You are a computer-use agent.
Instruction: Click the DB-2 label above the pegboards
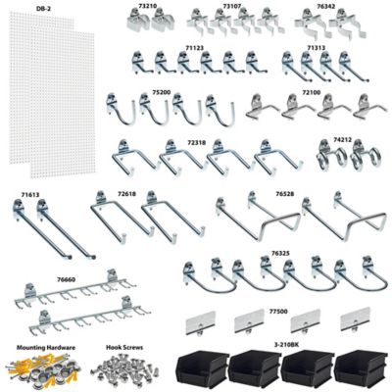pyautogui.click(x=43, y=9)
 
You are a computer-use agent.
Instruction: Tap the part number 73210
pyautogui.click(x=148, y=6)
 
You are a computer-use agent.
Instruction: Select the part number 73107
pyautogui.click(x=232, y=6)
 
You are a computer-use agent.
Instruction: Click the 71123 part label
pyautogui.click(x=194, y=47)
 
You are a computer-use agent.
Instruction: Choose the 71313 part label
pyautogui.click(x=316, y=47)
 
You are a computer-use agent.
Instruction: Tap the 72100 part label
pyautogui.click(x=312, y=92)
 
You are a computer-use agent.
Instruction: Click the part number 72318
pyautogui.click(x=196, y=142)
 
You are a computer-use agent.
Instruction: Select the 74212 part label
pyautogui.click(x=342, y=140)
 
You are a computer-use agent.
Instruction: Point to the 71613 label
pyautogui.click(x=28, y=195)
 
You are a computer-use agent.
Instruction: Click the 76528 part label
pyautogui.click(x=284, y=194)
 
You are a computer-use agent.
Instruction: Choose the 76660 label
pyautogui.click(x=67, y=280)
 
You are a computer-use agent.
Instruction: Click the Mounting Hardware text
pyautogui.click(x=40, y=347)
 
